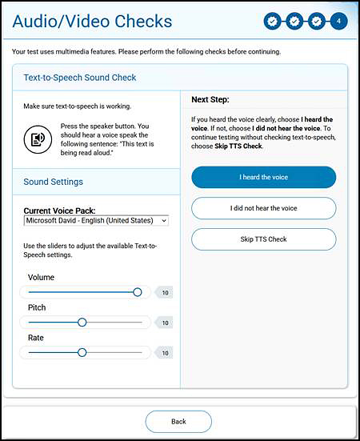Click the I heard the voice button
(264, 177)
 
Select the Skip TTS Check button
(264, 239)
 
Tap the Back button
(178, 421)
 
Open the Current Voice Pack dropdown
(96, 220)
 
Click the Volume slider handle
(138, 292)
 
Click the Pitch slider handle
(82, 323)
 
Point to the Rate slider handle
(82, 352)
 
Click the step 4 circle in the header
(339, 21)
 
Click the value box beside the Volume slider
(164, 293)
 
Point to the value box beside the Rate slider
(164, 353)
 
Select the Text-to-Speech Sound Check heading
(80, 78)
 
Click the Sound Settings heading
(54, 182)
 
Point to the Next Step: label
(210, 100)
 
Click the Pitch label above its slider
(37, 307)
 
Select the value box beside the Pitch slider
(164, 323)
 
